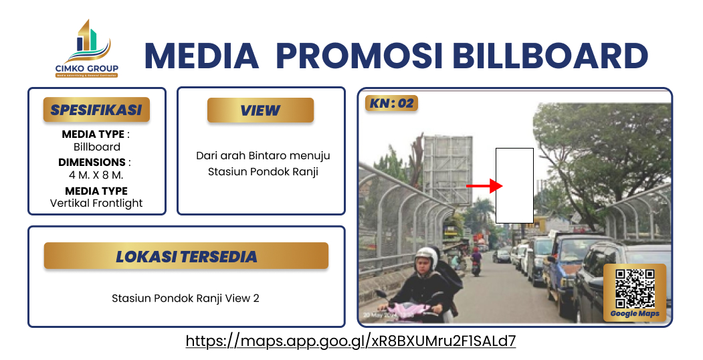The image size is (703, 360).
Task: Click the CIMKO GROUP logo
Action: [x=86, y=50]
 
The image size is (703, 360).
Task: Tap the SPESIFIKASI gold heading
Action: [x=96, y=110]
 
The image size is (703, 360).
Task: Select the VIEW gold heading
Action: [x=260, y=110]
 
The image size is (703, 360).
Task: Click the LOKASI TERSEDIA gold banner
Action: [x=186, y=256]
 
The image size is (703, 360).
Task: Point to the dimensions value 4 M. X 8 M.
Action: [x=96, y=175]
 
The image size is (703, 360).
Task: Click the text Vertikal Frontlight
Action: [x=96, y=203]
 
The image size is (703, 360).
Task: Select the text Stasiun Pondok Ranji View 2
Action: [x=185, y=298]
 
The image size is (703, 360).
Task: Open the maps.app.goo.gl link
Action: [x=350, y=341]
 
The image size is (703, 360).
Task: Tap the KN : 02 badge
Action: [x=391, y=103]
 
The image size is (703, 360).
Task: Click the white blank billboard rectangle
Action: [x=514, y=185]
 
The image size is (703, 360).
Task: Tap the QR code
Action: [x=635, y=288]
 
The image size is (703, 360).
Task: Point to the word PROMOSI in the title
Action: [x=359, y=56]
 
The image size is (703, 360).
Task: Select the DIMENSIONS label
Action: [x=92, y=162]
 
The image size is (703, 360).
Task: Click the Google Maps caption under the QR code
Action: [x=635, y=314]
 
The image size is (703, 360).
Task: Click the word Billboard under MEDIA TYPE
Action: [x=96, y=147]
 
